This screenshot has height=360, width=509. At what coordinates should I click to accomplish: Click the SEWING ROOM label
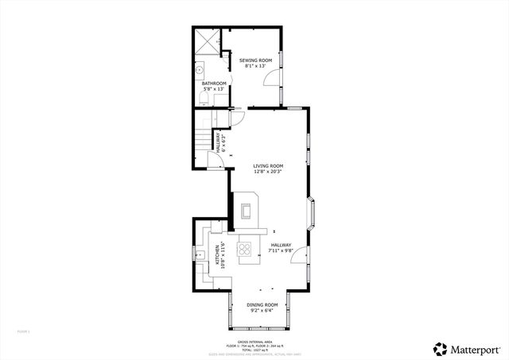(254, 60)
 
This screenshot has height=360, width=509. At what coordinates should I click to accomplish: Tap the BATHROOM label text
(213, 83)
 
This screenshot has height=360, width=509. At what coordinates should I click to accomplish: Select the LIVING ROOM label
(268, 166)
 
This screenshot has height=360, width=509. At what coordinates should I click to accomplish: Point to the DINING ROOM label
(261, 305)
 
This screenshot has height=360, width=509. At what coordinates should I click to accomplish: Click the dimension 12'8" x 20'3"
(268, 172)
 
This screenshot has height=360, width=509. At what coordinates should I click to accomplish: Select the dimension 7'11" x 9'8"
(281, 251)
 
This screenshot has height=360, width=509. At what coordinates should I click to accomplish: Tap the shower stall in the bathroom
(208, 41)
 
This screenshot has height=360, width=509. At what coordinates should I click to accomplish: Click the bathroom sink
(200, 70)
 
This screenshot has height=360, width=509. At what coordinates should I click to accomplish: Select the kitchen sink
(198, 254)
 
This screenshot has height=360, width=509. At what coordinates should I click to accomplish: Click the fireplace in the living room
(247, 211)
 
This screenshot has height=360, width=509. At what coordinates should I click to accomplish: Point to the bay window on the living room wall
(313, 212)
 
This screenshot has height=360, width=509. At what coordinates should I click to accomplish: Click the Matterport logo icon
(439, 348)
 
